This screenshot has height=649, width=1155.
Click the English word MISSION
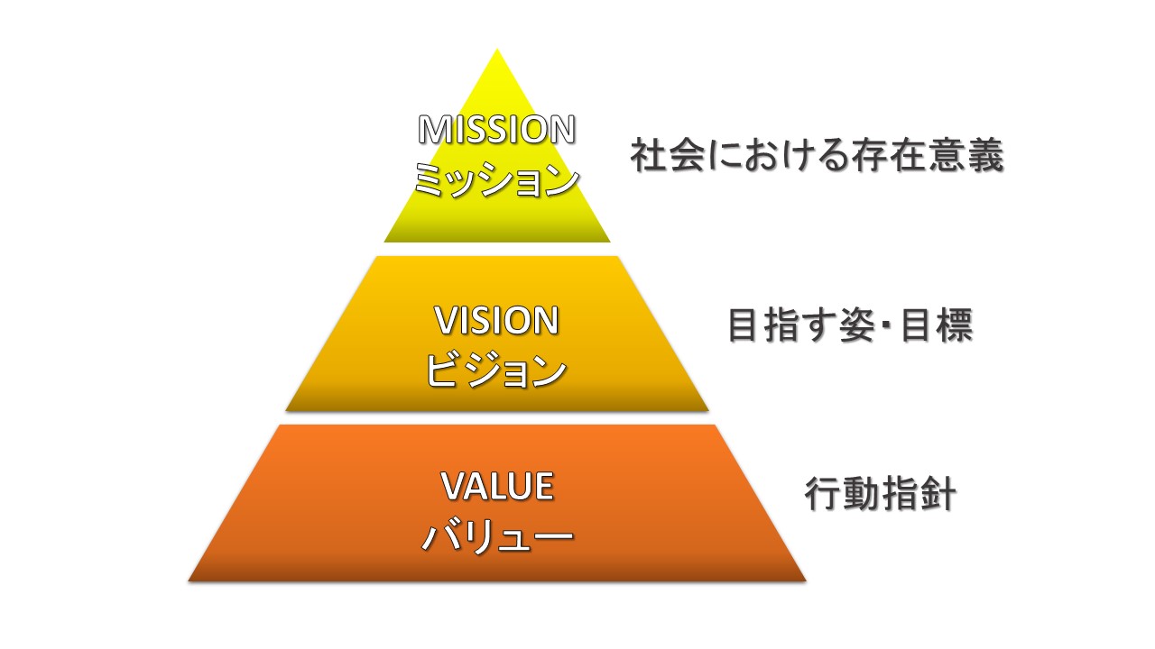pos(496,131)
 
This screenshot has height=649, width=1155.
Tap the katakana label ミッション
pos(496,181)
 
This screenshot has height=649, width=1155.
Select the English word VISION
pos(496,320)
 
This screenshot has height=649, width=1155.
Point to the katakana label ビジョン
pos(496,370)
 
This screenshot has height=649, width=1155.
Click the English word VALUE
pos(496,487)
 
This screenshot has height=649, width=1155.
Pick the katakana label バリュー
pos(496,538)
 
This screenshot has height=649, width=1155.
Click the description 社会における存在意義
pos(817,157)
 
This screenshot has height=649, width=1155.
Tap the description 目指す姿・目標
pos(850,327)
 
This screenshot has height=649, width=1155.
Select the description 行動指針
pos(880,496)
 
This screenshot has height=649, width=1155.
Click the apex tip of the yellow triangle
pos(497,50)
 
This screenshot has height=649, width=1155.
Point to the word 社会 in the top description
pos(666,157)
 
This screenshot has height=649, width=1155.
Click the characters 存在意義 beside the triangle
pos(927,157)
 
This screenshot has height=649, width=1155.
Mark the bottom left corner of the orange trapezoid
pos(189,580)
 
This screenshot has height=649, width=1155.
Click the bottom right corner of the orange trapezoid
pos(804,580)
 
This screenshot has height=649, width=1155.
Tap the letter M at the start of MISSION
pos(432,131)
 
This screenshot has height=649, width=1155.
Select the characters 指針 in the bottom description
pos(918,496)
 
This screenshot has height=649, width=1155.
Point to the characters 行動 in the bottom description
pos(841,496)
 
